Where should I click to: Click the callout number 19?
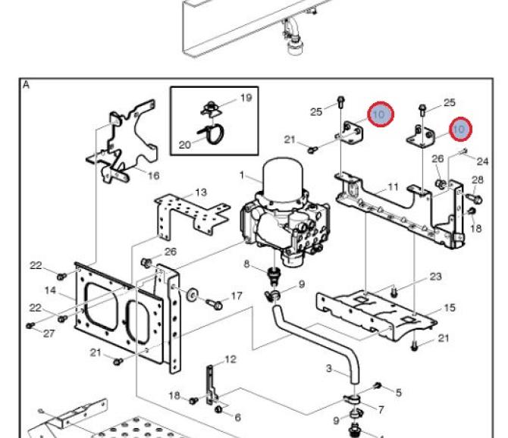(x=246, y=98)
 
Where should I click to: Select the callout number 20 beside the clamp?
(x=185, y=145)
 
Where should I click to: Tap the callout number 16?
(x=154, y=176)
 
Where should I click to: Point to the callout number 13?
(x=201, y=192)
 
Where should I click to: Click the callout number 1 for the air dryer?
(x=242, y=175)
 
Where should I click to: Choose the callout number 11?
(x=393, y=186)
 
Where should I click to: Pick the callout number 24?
(x=482, y=161)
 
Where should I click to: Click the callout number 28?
(x=478, y=180)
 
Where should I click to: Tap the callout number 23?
(x=435, y=276)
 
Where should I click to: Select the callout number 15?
(x=450, y=307)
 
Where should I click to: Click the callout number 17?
(x=237, y=296)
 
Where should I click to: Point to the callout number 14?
(x=50, y=290)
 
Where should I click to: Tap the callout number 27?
(x=49, y=333)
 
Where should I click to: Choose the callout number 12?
(x=230, y=359)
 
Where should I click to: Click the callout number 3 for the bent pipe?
(x=329, y=368)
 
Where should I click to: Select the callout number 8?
(x=246, y=264)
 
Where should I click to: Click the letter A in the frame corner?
(x=27, y=85)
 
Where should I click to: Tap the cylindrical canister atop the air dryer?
(x=283, y=177)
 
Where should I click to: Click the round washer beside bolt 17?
(x=192, y=295)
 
